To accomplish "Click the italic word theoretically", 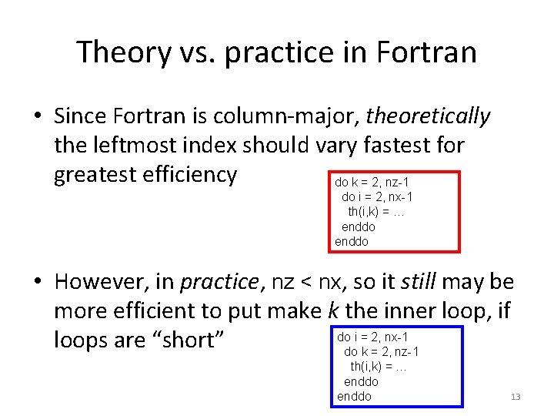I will pos(429,116).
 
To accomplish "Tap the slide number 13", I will pos(516,397).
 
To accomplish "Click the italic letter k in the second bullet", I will pos(332,310).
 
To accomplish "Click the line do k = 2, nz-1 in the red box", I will pos(371,183).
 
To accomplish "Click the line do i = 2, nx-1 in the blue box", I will pos(372,337).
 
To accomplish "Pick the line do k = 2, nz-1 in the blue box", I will pos(381,352).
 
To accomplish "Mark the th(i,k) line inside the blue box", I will pos(379,367).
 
